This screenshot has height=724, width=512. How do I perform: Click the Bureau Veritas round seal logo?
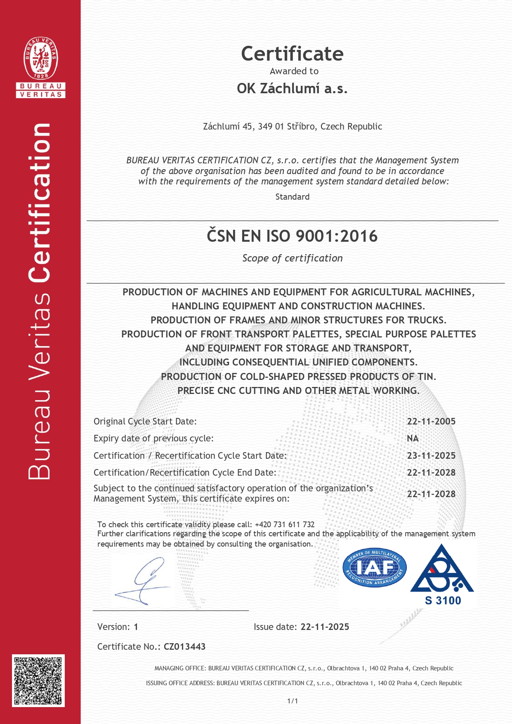(40, 58)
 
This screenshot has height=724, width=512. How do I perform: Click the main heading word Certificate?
(292, 54)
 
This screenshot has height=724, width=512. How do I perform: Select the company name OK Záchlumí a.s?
(292, 89)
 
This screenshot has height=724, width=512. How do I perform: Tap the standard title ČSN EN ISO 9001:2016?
(292, 236)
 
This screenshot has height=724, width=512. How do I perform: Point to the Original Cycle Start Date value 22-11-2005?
(431, 422)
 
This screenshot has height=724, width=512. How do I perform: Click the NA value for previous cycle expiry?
(413, 439)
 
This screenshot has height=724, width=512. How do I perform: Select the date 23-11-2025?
(431, 456)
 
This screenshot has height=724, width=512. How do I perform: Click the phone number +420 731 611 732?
(285, 525)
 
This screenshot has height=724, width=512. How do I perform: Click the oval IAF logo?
(375, 568)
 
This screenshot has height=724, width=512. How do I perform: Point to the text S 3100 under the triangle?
(443, 601)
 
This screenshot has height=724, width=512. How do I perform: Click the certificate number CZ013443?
(184, 647)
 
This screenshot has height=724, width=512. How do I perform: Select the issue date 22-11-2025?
(325, 627)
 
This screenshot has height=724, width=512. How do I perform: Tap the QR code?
(38, 681)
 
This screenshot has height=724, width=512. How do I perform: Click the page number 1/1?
(293, 701)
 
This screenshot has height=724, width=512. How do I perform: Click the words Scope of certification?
(292, 258)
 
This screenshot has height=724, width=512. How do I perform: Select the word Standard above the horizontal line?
(292, 197)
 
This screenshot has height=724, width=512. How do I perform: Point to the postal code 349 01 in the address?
(271, 127)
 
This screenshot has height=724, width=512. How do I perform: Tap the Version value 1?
(136, 627)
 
